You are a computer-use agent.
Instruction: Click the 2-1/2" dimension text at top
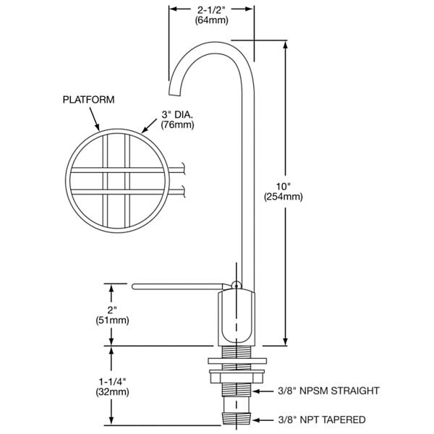(212, 9)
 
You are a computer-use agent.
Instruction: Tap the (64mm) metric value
(212, 20)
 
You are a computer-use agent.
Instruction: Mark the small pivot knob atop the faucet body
(234, 284)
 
